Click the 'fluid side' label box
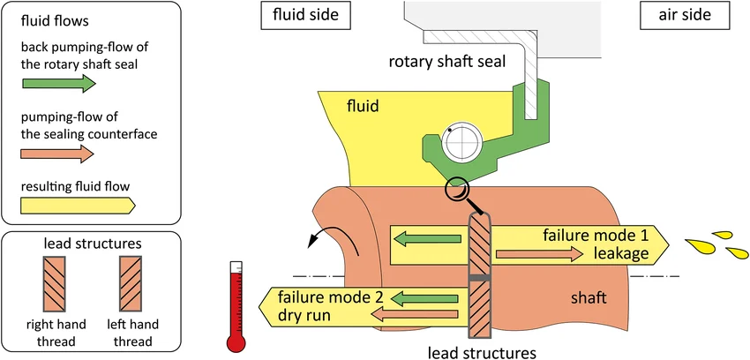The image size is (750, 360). coord(305,15)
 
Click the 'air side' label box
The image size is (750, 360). coord(685,15)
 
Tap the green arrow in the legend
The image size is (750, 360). coord(59,84)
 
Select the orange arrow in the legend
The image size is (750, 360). coord(57,154)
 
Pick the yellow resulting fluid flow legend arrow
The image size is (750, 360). coord(78,206)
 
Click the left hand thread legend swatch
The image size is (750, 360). coord(131,284)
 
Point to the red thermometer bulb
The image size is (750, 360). coord(236,342)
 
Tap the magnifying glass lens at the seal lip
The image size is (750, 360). coord(456,190)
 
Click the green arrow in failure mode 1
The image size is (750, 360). coord(428,237)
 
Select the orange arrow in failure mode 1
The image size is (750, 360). coord(539,254)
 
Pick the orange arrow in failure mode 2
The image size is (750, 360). coord(415,314)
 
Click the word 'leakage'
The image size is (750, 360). coord(621,253)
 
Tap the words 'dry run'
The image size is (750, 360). coord(303,316)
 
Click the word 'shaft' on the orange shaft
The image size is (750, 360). coord(589,299)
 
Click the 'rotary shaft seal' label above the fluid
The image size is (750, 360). coord(446,62)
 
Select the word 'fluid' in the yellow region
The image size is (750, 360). coord(362,106)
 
